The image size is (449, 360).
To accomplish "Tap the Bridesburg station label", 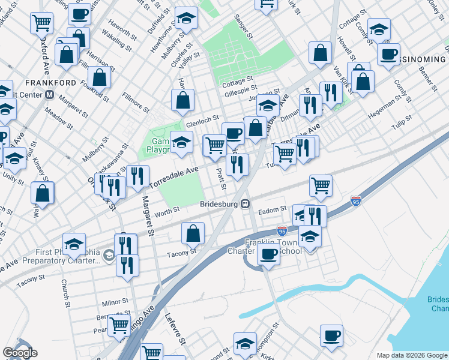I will pos(219,203).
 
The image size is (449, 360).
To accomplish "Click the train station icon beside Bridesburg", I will pos(246,204).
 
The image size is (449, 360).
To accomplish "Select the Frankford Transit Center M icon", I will pos(50,95).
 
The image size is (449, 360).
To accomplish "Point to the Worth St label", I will pos(167,211).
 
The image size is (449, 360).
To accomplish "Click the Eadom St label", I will pos(270,211).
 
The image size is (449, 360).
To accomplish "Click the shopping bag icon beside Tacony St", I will pos(193,233).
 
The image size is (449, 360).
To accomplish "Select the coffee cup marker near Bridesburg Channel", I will pos(331,335).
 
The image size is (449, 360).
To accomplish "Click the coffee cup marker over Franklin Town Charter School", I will pos(268,253).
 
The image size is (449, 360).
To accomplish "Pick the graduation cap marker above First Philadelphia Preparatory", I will pos(74,244).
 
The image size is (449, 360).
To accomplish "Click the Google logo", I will pos(20,353).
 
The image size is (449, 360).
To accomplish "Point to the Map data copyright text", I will pos(411,355).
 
